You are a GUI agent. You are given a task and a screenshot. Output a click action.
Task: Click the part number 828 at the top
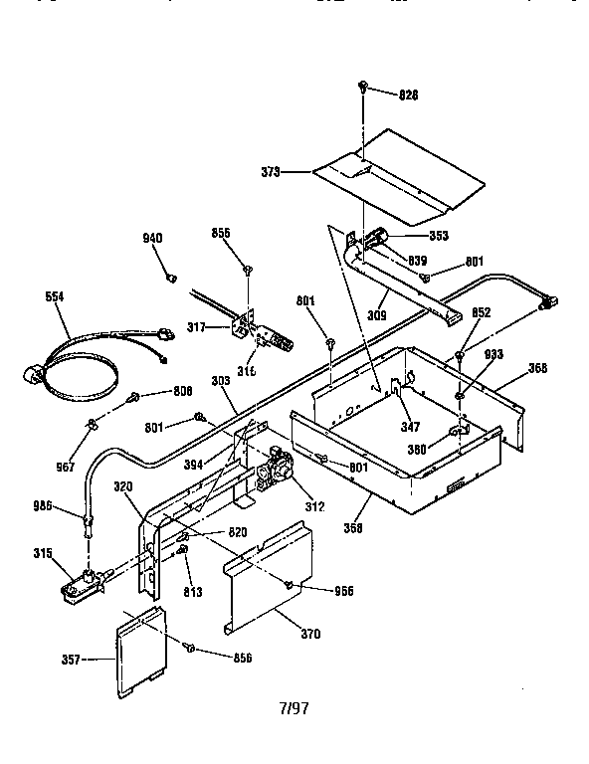click(x=408, y=95)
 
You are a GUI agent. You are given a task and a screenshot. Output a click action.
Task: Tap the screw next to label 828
click(x=364, y=91)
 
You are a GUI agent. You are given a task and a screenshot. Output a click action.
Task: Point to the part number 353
click(x=438, y=236)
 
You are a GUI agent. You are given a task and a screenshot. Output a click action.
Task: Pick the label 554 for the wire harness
click(x=58, y=295)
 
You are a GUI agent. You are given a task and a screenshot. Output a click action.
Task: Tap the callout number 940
click(x=152, y=238)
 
